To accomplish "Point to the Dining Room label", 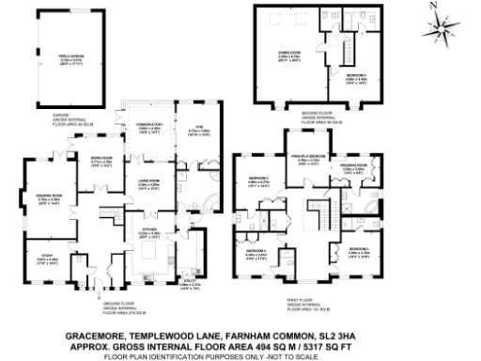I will (x=102, y=158).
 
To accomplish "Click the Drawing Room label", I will (x=48, y=196).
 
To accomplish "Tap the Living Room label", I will (x=150, y=182).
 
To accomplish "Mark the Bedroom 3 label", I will (x=359, y=250).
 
